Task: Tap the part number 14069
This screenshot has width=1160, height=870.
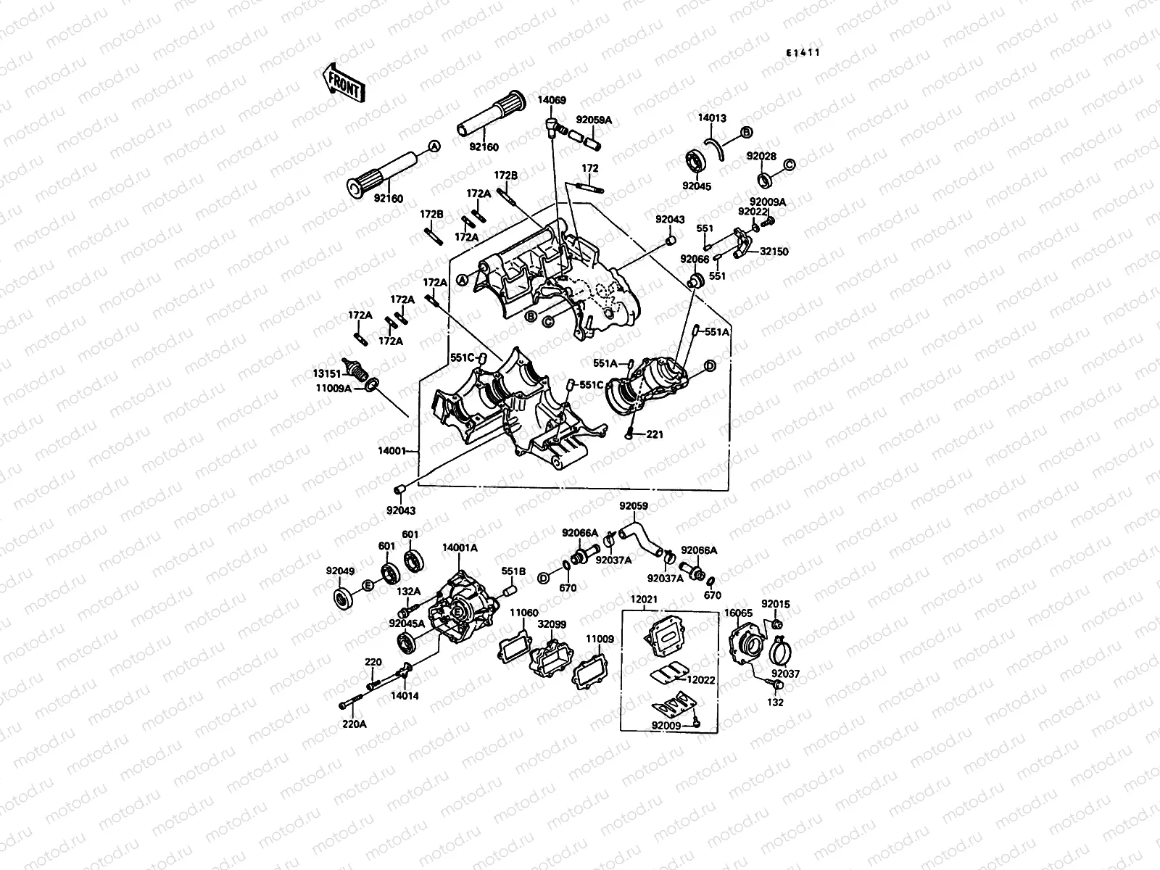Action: (552, 101)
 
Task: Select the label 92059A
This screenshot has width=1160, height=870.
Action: (594, 120)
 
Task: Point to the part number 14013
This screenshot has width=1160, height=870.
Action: (712, 118)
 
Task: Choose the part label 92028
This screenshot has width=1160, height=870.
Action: (761, 157)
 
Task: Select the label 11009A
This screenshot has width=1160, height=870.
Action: (333, 389)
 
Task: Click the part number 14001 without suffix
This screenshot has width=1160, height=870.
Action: (393, 451)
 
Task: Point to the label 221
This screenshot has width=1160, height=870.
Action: (655, 434)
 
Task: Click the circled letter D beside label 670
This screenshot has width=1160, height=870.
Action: (543, 578)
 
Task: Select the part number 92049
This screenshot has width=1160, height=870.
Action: (340, 571)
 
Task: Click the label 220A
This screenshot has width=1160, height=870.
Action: (354, 724)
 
